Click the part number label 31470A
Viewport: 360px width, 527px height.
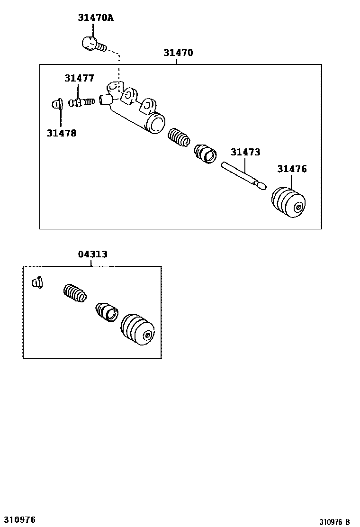(x=96, y=18)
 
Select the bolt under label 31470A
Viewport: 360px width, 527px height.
(x=91, y=44)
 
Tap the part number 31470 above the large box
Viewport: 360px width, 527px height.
(x=178, y=53)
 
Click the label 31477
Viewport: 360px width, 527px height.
(x=79, y=78)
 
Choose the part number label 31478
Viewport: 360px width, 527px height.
(x=61, y=133)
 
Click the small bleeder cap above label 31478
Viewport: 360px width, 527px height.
(x=56, y=103)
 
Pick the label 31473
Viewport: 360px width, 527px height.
(x=245, y=152)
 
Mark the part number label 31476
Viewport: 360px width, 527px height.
(x=292, y=169)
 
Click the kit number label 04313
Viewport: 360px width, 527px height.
(x=92, y=254)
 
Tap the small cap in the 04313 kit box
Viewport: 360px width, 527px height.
(x=37, y=282)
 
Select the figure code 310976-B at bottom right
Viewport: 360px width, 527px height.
(x=334, y=522)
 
